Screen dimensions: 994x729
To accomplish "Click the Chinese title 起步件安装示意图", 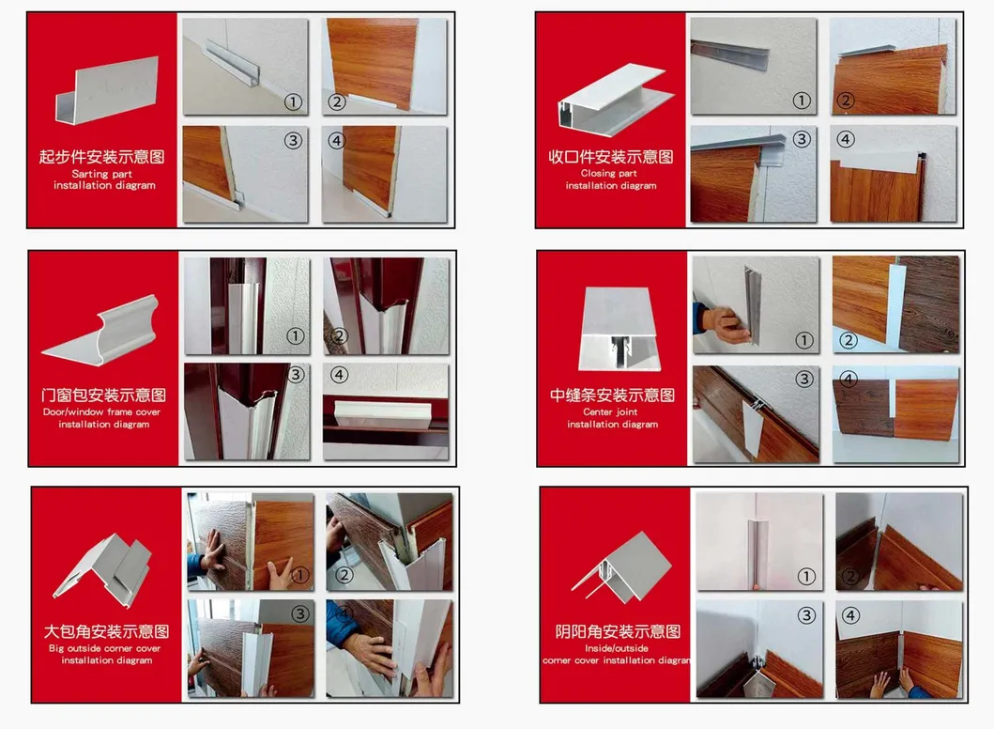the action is point(101,156).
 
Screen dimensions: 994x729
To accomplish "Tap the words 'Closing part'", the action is point(608,173).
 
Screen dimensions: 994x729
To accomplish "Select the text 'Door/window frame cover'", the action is point(102,411).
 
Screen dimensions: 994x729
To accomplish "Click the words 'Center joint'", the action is point(610,411).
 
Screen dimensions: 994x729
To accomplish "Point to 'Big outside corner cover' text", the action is point(104,648).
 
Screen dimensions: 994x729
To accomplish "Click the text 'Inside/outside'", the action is point(616,648).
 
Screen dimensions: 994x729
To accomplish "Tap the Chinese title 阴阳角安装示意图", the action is point(618,631).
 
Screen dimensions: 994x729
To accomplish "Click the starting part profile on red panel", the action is point(106,92).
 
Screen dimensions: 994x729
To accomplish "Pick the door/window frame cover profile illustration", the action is point(101,332).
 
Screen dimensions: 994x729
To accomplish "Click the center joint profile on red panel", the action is point(619,330).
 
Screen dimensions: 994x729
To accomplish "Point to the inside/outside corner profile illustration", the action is point(621,567).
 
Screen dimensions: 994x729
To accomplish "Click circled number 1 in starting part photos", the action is point(293,101).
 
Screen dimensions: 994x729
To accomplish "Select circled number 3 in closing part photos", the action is point(802,139).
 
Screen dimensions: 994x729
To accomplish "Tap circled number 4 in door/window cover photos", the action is point(339,375).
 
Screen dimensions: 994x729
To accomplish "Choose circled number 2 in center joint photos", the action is point(849,341).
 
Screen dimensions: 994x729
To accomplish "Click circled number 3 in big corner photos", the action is point(299,613).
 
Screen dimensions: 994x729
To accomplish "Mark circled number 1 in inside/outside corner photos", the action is point(805,576).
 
